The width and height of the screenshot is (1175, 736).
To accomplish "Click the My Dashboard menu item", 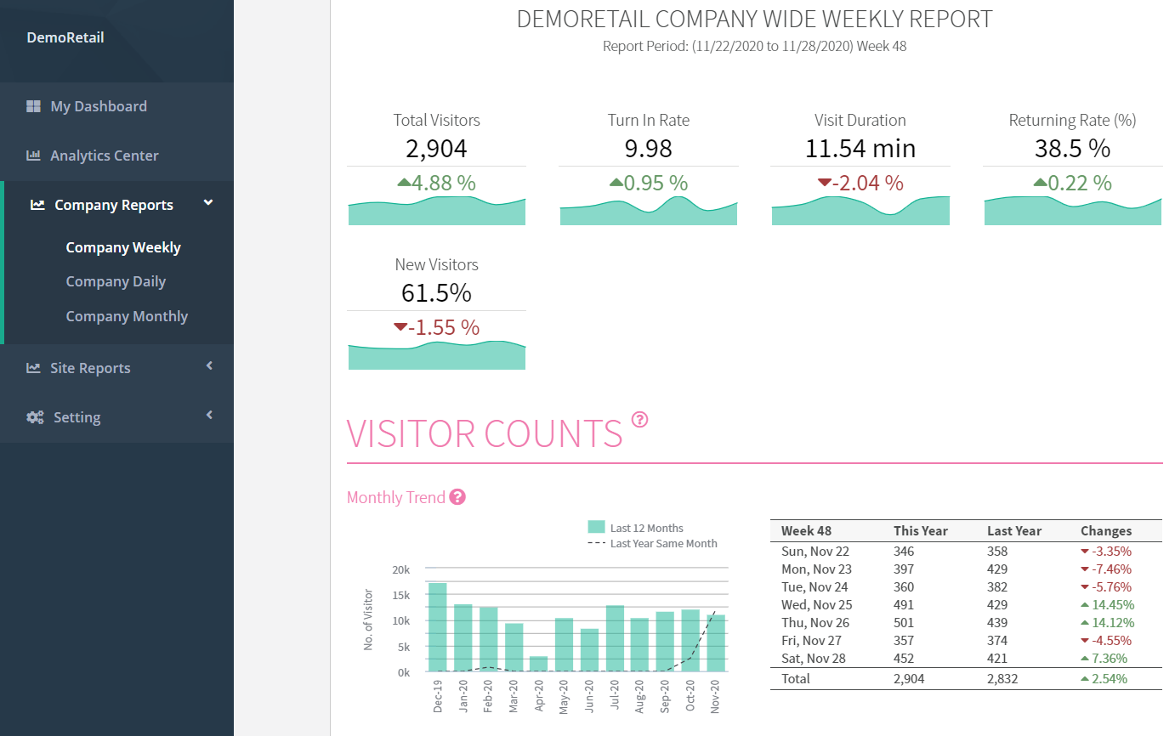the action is point(99,106).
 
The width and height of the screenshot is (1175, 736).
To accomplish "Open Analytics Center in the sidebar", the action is point(104,156).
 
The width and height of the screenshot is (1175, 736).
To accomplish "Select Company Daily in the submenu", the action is point(116,281).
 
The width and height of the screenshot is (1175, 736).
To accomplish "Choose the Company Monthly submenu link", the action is point(127,316).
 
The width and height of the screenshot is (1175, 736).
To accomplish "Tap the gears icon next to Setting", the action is point(35,417).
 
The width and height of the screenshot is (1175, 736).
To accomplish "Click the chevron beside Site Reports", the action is point(209,366).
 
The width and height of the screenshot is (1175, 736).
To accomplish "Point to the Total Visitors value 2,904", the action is point(436,149).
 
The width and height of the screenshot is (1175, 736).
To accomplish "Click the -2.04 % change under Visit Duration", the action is point(860,183).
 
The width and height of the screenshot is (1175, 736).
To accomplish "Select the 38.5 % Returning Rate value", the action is point(1072,149).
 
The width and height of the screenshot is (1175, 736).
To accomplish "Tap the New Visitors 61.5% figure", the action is point(436,292).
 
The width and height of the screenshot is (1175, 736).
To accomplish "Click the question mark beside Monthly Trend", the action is point(457,497).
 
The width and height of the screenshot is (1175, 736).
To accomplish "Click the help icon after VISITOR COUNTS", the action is point(639,419).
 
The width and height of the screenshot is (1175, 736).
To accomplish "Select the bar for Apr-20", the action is point(538,664).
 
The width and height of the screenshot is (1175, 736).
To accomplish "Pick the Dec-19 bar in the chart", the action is point(438,627).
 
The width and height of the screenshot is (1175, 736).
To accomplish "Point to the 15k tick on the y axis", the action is point(400,596).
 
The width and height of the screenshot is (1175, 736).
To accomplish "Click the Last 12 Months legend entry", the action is point(635,528).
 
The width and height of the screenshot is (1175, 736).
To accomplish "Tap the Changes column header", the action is point(1106,531).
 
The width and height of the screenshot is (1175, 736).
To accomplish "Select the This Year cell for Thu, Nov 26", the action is point(903,623).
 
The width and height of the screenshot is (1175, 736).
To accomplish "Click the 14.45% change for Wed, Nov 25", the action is point(1107,605).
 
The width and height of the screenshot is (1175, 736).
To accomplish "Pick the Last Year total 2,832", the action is point(1002,679).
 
